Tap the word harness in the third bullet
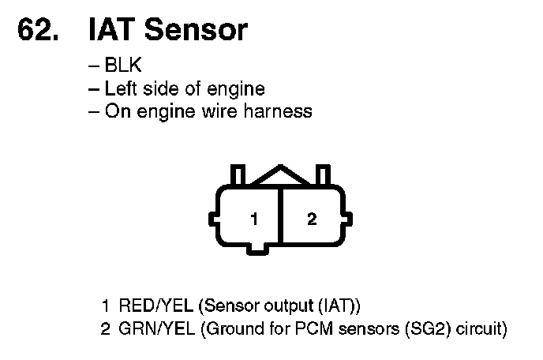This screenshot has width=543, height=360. point(281,111)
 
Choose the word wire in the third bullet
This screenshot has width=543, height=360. point(229,111)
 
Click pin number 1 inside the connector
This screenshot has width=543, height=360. point(254,219)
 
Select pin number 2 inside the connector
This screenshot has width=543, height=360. point(312,219)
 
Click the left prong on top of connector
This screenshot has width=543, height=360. point(235,174)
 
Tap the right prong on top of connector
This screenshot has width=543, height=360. point(322,174)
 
